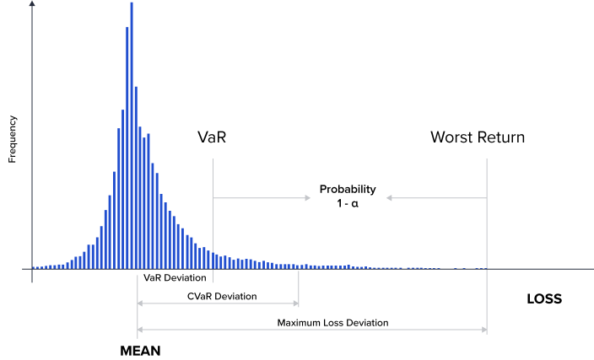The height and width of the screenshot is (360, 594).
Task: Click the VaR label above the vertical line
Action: [x=212, y=137]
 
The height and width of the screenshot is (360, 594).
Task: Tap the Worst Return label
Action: [x=477, y=137]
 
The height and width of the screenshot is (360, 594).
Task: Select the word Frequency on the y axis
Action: [x=13, y=138]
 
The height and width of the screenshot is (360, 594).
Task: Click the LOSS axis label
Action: [x=543, y=298]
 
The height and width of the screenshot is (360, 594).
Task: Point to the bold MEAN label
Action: [x=140, y=350]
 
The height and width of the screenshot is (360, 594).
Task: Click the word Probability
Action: [x=347, y=189]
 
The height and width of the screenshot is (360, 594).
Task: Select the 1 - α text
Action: [x=347, y=203]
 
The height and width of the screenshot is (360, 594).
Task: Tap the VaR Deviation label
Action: [x=175, y=277]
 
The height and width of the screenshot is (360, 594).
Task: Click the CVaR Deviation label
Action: [x=222, y=296]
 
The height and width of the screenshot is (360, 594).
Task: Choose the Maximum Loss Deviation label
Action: [x=332, y=322]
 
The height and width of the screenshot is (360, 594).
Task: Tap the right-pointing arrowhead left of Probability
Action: [x=308, y=198]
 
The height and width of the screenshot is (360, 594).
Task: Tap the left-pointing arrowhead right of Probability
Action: [x=390, y=198]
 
